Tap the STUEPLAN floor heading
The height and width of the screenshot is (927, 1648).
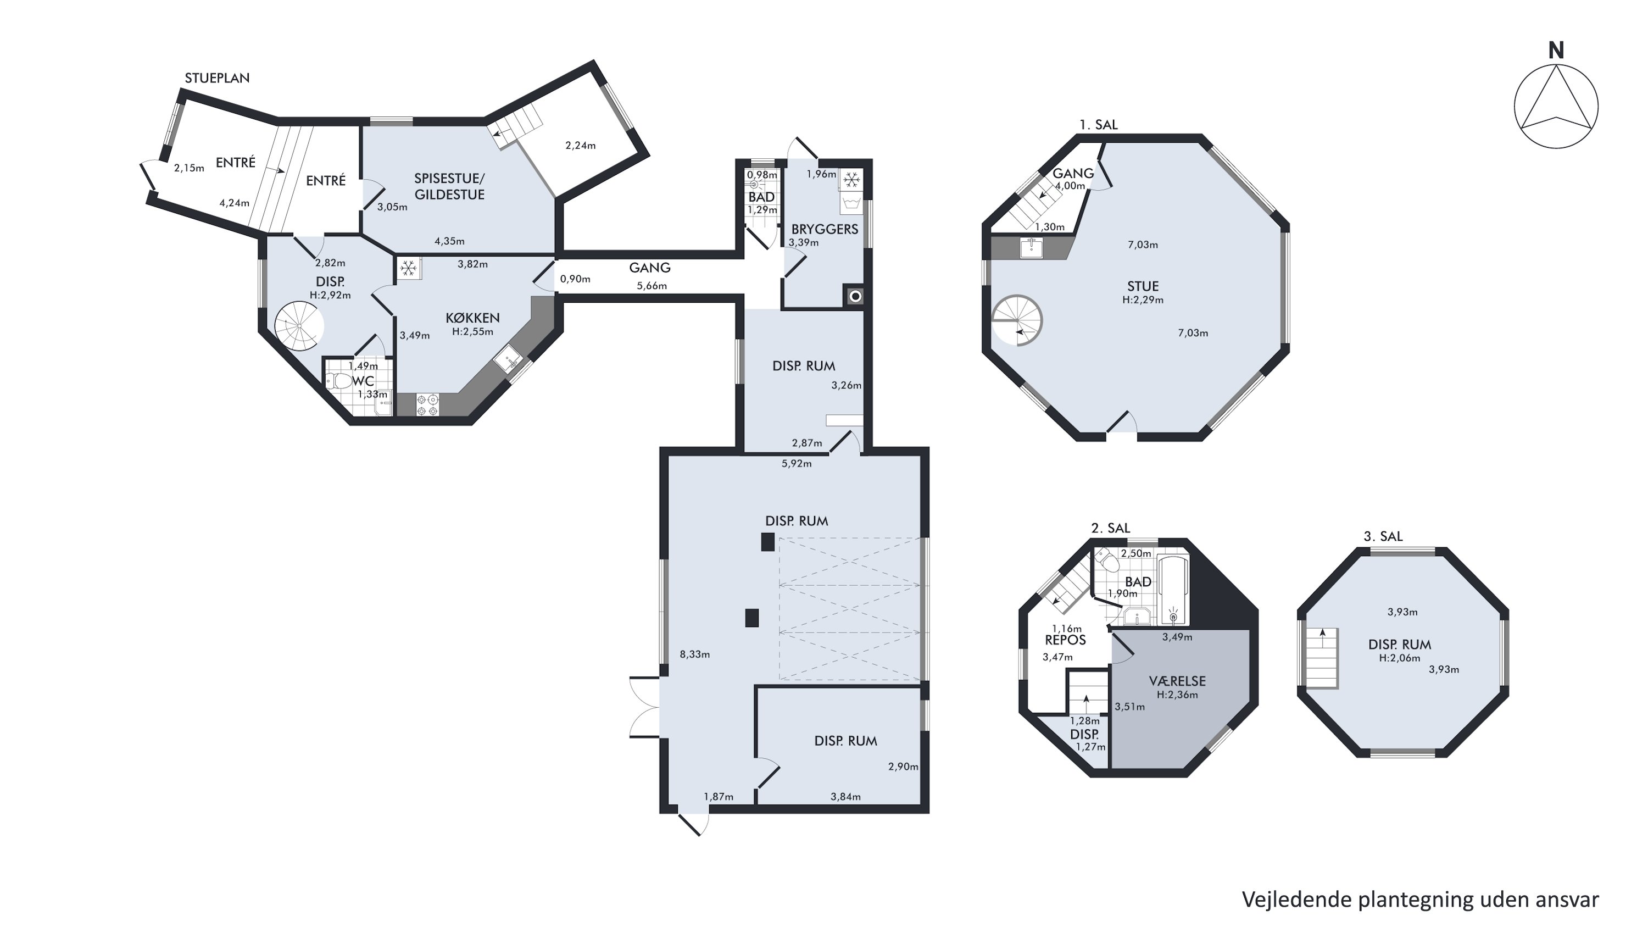point(217,78)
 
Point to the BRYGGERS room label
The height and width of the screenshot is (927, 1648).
point(825,229)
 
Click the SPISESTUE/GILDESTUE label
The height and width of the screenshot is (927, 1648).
point(449,186)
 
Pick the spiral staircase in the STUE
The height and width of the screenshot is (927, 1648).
point(1017,320)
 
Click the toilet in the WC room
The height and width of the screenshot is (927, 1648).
point(339,381)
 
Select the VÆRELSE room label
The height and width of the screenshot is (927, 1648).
point(1177,681)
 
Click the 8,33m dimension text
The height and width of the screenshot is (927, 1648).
point(695,654)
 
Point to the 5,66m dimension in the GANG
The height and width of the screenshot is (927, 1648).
point(652,286)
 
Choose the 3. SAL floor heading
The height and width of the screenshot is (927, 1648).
point(1383,537)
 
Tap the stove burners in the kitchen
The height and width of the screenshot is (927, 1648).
point(427,405)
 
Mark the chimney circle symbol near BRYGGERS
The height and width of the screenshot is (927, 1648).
point(855,296)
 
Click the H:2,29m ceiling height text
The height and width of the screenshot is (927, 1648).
point(1143,300)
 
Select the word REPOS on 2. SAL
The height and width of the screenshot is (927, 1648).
point(1065,640)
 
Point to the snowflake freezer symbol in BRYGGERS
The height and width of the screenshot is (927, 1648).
point(851,180)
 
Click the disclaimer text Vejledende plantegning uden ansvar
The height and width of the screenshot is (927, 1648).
point(1420,900)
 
